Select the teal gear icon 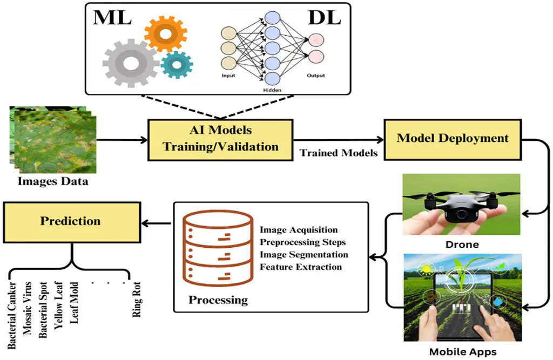point(176,64)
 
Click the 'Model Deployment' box point(453,138)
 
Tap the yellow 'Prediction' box point(71,221)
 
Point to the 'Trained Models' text point(339,153)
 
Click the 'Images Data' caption point(52,181)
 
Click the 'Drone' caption point(462,244)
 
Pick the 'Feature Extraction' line point(301,267)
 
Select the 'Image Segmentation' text point(304,254)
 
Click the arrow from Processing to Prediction point(156,221)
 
